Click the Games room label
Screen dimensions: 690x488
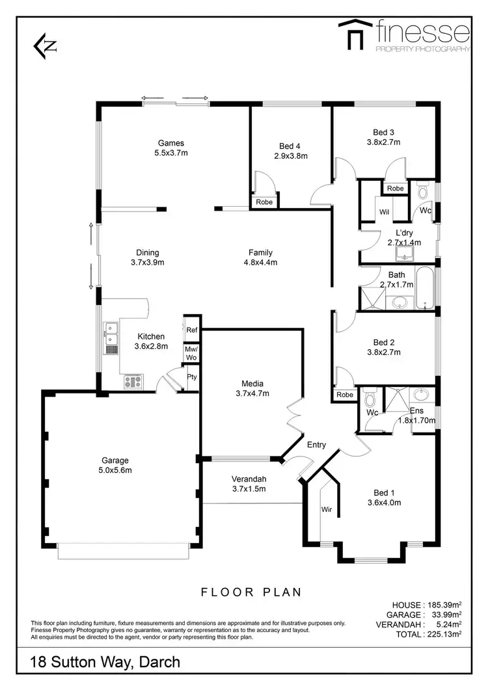[171, 143]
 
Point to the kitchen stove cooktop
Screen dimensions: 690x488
[133, 382]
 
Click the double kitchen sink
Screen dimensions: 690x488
[111, 334]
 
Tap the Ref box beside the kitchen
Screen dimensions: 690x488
[191, 330]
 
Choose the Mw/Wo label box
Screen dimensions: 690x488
[191, 353]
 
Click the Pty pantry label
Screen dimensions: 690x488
[191, 377]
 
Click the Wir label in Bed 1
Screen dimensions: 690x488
[326, 510]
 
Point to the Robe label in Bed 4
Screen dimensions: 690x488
[264, 202]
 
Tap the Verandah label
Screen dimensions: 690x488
[249, 480]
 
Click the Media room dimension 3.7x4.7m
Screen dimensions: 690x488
[252, 393]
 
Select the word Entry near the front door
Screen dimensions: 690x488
[316, 445]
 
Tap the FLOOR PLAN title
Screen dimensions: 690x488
[251, 592]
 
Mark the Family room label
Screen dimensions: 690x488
[260, 252]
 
